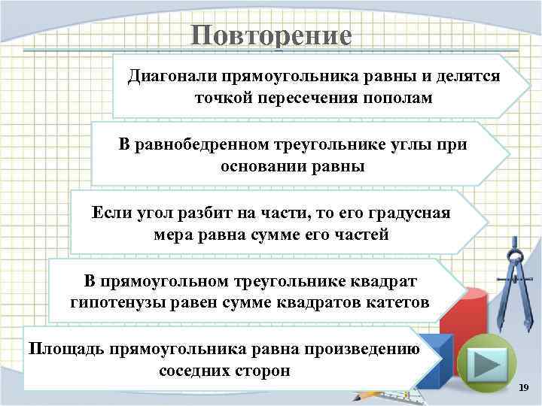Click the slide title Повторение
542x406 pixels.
coord(271,36)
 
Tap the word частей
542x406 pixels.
coord(359,235)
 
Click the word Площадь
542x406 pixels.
coord(65,349)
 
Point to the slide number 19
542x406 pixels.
coord(524,386)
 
